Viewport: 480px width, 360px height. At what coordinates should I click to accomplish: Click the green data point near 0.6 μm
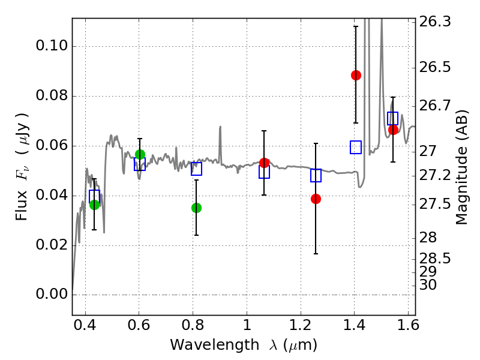point(140,154)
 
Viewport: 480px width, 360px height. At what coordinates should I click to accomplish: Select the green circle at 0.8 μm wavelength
point(196,208)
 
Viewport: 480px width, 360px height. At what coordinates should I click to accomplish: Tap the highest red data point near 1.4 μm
point(356,75)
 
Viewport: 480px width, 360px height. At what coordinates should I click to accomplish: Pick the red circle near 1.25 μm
point(316,199)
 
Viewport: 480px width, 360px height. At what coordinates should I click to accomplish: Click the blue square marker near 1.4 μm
point(356,147)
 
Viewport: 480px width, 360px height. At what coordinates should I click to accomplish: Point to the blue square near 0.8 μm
point(196,169)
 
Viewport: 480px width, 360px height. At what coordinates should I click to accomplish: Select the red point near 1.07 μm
point(264,163)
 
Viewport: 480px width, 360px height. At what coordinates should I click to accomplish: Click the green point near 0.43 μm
point(94,205)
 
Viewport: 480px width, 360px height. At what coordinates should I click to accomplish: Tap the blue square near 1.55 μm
point(393,118)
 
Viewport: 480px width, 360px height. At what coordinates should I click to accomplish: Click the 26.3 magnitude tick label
point(434,22)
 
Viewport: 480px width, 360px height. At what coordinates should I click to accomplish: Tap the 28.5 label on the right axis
point(434,259)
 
